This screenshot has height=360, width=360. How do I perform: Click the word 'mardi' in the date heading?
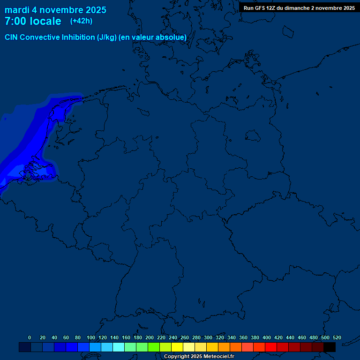tap(17, 10)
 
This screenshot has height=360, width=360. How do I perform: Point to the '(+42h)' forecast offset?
tap(81, 21)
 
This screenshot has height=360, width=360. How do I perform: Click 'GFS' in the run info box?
tap(260, 8)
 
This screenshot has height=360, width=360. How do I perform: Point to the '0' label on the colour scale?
tap(30, 337)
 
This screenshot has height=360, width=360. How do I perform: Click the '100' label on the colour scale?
tap(90, 337)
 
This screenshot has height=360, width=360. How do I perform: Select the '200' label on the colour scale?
tap(150, 337)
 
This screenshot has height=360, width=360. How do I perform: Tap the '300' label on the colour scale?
tap(208, 337)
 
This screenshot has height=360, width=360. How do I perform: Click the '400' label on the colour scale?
tap(267, 337)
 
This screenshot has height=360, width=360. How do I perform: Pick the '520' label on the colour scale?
tap(337, 337)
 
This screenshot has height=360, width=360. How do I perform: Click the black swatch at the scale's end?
tap(330, 347)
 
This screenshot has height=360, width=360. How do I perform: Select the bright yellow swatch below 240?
tap(177, 347)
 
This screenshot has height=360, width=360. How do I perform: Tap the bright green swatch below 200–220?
tap(154, 347)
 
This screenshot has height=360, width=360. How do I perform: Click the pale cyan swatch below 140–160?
tap(119, 347)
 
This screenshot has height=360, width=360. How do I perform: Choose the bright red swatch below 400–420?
tap(271, 347)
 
